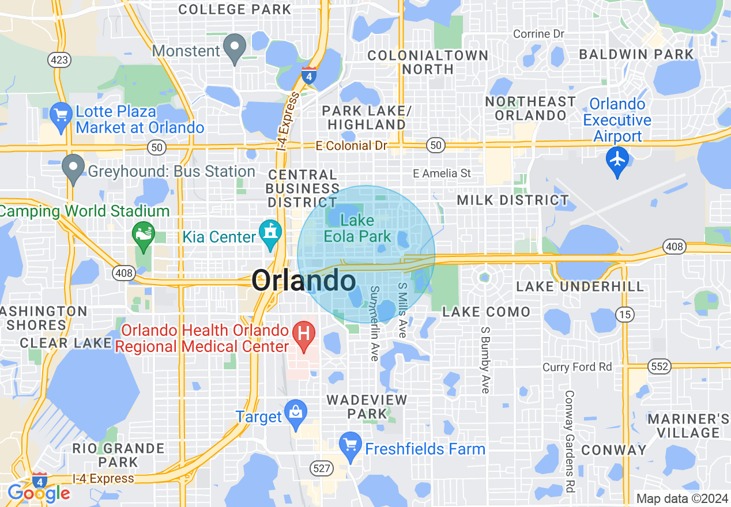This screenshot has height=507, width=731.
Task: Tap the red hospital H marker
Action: pos(304,333)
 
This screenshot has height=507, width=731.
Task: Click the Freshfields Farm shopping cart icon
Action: pos(349,444)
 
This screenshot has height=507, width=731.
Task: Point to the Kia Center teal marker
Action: pos(269,233)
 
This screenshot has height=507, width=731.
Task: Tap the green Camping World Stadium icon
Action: pos(143,234)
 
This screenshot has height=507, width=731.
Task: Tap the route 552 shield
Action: pos(659,366)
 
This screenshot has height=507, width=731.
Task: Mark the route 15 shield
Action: pos(624,314)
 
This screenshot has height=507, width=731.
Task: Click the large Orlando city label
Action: pos(303,281)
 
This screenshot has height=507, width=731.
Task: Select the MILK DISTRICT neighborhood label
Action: pos(513,200)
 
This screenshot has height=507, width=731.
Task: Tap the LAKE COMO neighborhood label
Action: pos(486,312)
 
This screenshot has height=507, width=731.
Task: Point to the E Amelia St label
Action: pos(442,173)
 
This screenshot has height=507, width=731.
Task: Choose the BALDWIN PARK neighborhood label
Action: pos(636,55)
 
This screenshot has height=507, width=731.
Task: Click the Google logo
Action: pos(39,493)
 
